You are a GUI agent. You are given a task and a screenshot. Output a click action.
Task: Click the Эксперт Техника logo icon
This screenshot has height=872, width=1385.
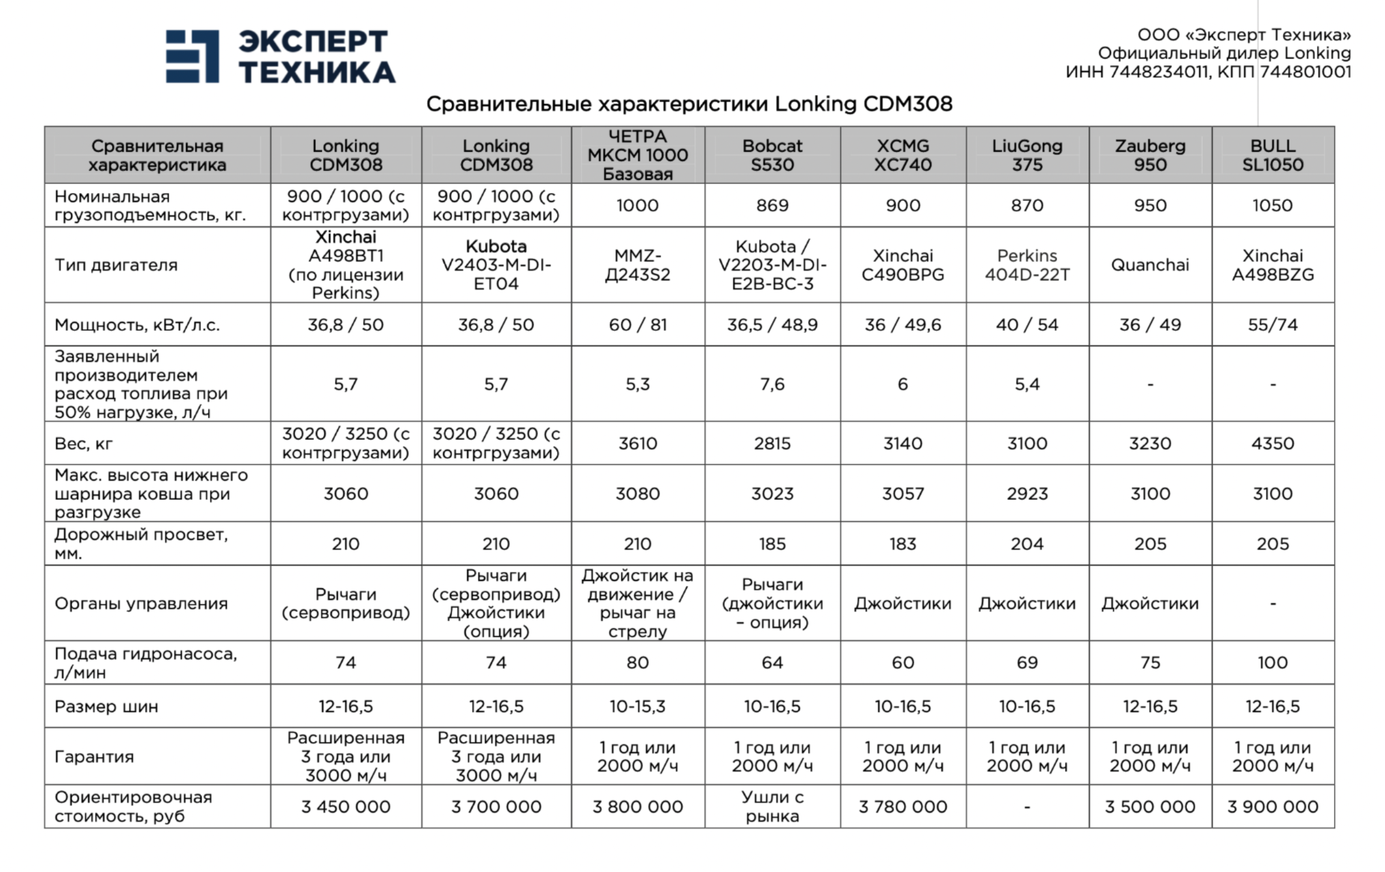pyautogui.click(x=192, y=56)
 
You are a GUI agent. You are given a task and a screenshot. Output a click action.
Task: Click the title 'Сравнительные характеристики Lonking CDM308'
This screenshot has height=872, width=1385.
pyautogui.click(x=689, y=104)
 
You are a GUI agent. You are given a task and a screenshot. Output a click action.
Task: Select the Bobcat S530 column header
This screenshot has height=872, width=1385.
pyautogui.click(x=772, y=155)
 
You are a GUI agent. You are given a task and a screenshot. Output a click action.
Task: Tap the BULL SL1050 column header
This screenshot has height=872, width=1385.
pyautogui.click(x=1272, y=155)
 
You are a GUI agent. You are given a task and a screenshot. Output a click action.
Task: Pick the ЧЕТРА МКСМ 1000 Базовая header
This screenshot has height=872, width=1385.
pyautogui.click(x=637, y=155)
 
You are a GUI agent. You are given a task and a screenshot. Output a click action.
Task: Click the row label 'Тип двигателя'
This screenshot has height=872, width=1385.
pyautogui.click(x=116, y=265)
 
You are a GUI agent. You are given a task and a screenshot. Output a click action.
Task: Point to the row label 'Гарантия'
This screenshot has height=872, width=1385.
pyautogui.click(x=94, y=757)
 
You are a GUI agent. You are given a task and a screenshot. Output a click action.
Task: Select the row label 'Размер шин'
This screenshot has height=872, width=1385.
pyautogui.click(x=106, y=706)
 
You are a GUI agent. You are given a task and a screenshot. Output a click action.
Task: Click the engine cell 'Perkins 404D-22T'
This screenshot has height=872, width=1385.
pyautogui.click(x=1027, y=265)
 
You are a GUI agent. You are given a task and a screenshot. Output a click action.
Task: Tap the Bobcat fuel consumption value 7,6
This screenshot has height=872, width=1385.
pyautogui.click(x=772, y=384)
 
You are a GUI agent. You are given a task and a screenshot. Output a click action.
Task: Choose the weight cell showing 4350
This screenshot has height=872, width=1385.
pyautogui.click(x=1272, y=444)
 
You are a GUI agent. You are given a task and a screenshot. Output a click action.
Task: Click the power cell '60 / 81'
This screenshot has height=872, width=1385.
pyautogui.click(x=637, y=325)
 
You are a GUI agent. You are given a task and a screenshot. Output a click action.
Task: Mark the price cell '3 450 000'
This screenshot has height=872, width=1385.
pyautogui.click(x=346, y=807)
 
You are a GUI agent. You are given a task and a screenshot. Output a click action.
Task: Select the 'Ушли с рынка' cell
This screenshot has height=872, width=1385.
pyautogui.click(x=772, y=807)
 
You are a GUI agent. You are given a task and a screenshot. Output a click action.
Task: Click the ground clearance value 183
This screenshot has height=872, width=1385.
pyautogui.click(x=902, y=544)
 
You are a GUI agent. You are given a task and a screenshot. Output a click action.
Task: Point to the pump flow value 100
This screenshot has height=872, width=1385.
pyautogui.click(x=1272, y=663)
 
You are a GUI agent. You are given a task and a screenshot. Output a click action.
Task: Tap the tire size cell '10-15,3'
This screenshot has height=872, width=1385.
pyautogui.click(x=637, y=706)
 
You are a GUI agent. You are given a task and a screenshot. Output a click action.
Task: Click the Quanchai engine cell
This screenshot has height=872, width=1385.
pyautogui.click(x=1149, y=265)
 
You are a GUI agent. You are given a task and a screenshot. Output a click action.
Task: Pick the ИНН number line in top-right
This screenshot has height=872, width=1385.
pyautogui.click(x=1208, y=72)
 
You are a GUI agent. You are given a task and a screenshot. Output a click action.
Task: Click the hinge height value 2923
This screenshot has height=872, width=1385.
pyautogui.click(x=1027, y=494)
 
